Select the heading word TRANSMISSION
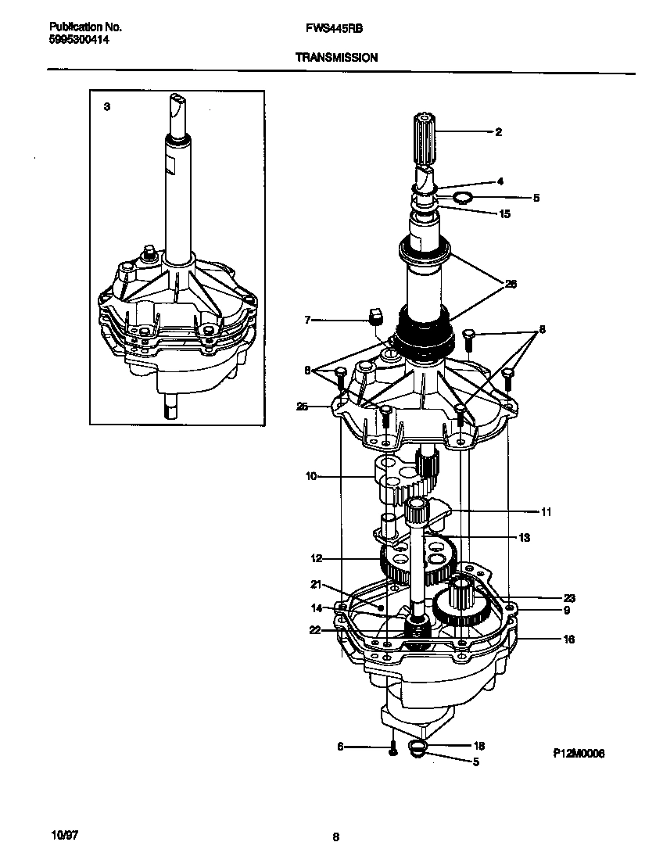coord(336,57)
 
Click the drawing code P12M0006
coord(579,753)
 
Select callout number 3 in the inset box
coord(107,106)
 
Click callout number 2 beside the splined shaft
coord(498,132)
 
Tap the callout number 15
coord(504,213)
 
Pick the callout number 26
coord(511,284)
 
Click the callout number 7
coord(307,319)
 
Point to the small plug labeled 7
coord(375,316)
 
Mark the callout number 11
coord(546,512)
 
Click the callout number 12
coord(316,558)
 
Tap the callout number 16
coord(568,640)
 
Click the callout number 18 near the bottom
coord(479,746)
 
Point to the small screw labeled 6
coord(393,751)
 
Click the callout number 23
coord(569,598)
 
